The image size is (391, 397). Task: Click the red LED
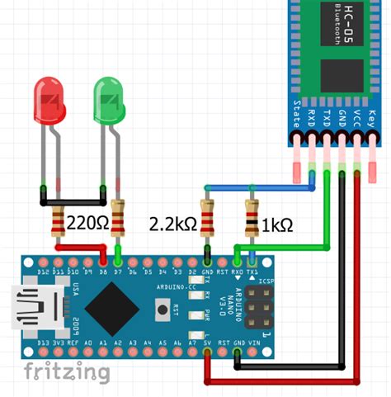[x=49, y=100]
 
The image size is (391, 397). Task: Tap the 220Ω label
[x=87, y=223]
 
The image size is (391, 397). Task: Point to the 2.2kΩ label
[x=171, y=223]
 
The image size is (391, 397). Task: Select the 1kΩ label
[x=277, y=223]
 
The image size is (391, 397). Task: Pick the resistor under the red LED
[x=59, y=221]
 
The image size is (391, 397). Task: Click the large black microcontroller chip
[x=111, y=307]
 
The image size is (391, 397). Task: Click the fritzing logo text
[x=66, y=371]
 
